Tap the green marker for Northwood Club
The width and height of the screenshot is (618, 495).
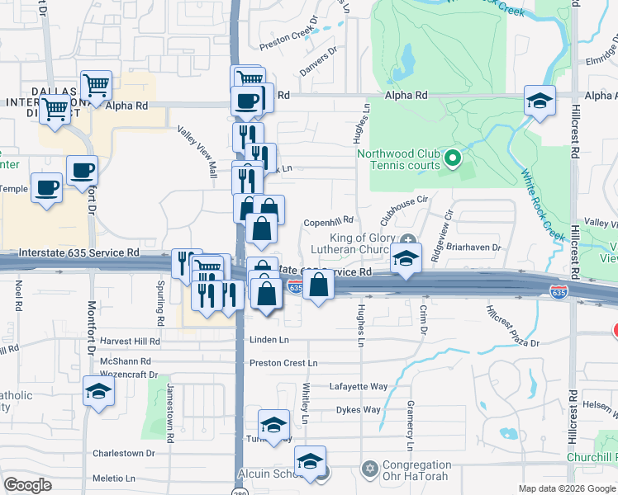click(x=452, y=158)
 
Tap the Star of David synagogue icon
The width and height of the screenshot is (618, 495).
click(x=369, y=469)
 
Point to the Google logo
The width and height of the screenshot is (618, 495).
click(x=28, y=486)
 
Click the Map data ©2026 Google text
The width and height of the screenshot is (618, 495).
click(x=566, y=488)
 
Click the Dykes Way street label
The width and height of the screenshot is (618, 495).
click(x=358, y=409)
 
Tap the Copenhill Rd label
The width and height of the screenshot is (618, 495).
click(x=328, y=220)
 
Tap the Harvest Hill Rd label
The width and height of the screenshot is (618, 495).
click(x=130, y=341)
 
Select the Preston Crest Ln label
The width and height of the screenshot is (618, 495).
click(x=283, y=363)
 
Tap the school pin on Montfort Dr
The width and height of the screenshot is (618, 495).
click(x=98, y=392)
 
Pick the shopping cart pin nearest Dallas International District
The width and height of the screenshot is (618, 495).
click(x=56, y=108)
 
